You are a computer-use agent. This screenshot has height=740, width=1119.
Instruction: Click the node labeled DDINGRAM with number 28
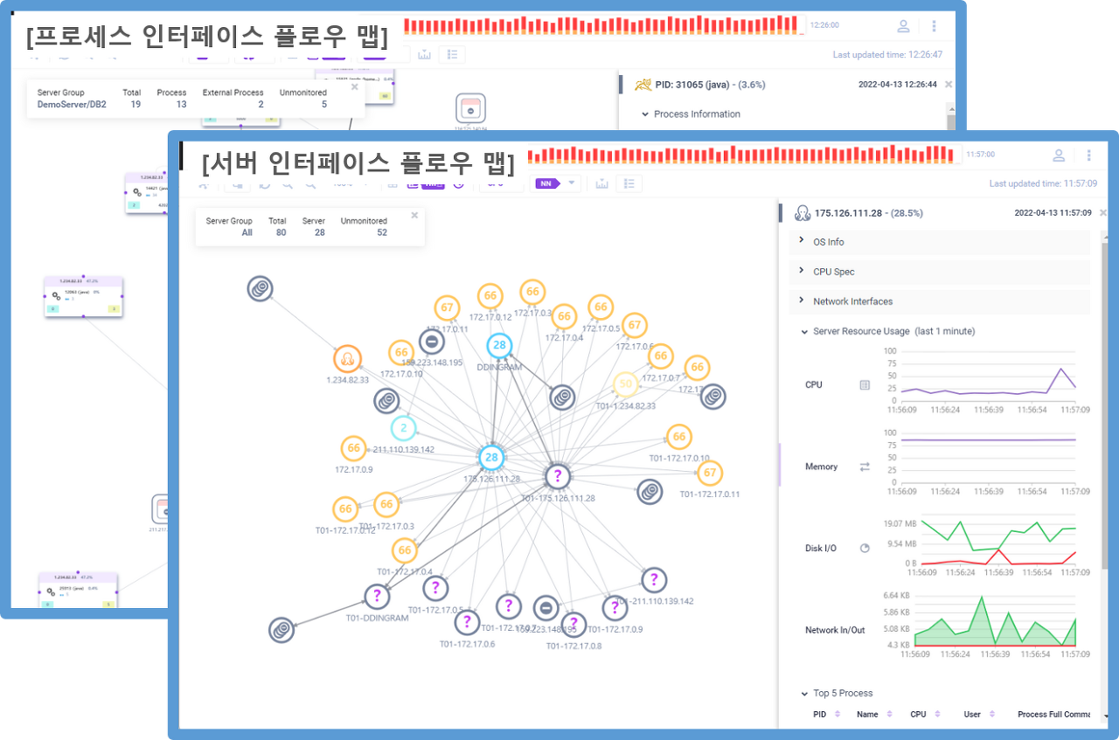(499, 345)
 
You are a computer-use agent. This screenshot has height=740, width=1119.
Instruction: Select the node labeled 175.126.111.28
(492, 457)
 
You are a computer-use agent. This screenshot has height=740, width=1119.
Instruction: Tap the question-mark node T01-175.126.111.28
(558, 476)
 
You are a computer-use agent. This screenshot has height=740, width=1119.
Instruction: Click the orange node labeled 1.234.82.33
(347, 358)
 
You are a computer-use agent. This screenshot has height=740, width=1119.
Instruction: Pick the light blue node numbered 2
(403, 428)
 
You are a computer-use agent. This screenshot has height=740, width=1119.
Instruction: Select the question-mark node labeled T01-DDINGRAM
(377, 597)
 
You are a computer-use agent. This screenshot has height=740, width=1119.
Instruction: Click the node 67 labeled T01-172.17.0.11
(709, 474)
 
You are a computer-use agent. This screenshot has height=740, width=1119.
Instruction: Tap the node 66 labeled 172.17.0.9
(353, 448)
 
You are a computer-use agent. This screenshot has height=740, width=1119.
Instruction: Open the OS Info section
(828, 242)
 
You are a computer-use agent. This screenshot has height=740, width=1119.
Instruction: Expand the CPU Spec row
(833, 272)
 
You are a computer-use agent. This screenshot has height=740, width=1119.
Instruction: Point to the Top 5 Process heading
(843, 694)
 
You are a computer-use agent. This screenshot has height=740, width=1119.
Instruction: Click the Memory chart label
(821, 467)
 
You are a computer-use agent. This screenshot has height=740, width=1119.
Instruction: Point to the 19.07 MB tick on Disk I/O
(900, 523)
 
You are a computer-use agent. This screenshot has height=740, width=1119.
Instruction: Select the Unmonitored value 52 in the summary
(382, 233)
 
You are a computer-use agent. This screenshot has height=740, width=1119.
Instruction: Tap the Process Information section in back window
(696, 114)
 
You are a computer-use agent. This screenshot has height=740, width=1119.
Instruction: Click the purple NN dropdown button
(557, 183)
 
